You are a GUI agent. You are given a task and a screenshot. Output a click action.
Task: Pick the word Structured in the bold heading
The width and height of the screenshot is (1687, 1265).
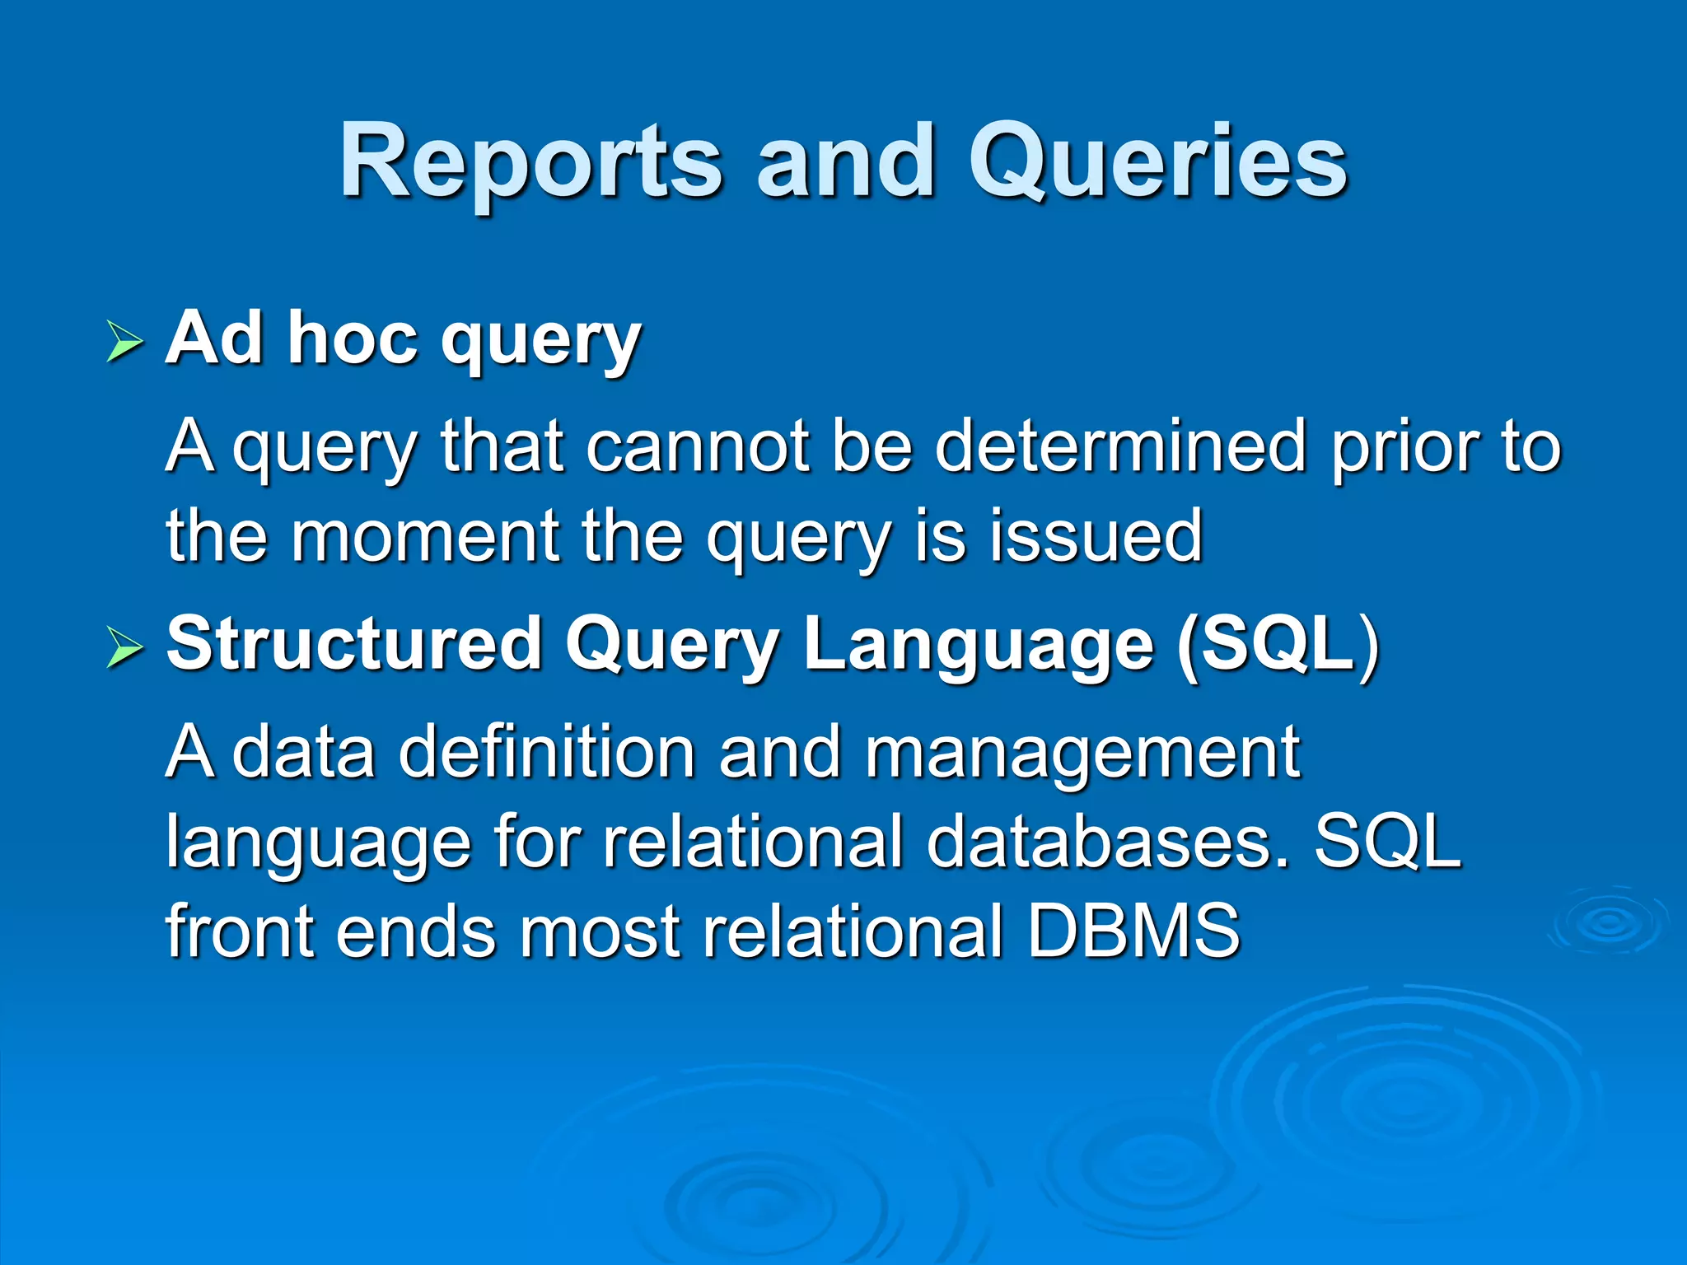(x=353, y=644)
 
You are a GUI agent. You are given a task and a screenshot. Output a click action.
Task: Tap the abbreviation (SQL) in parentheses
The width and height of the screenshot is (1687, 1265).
(x=1278, y=644)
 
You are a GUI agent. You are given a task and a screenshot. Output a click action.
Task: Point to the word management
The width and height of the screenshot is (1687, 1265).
(x=1082, y=754)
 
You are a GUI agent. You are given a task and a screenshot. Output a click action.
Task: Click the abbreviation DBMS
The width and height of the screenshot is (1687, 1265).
(x=1133, y=931)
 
